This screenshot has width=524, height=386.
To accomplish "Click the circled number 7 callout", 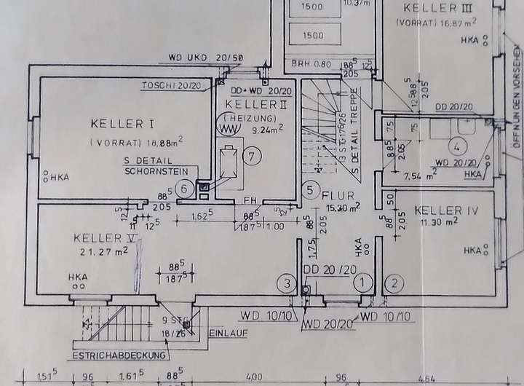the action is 250,155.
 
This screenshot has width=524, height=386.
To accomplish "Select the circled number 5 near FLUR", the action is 311,192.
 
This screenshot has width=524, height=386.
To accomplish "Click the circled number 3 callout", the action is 288,283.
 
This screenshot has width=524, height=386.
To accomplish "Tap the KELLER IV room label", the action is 446,210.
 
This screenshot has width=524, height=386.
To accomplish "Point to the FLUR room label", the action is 338,195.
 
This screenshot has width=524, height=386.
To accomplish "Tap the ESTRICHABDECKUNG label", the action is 119,355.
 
